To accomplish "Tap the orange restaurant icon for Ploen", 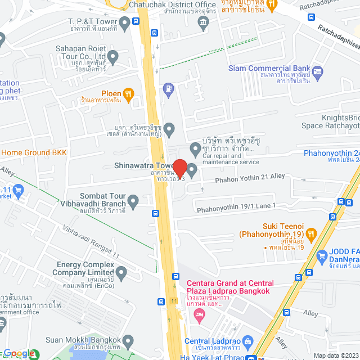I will [128, 94].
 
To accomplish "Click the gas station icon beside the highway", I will [168, 88].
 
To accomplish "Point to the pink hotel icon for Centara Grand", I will [198, 318].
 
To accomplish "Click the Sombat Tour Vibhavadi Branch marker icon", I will [133, 200].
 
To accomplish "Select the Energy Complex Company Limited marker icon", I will [121, 272].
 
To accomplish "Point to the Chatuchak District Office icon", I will [202, 21].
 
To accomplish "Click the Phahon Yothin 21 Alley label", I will [251, 177].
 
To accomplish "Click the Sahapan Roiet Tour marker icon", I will [113, 56].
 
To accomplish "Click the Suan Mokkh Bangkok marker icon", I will [128, 341].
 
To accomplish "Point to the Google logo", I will [20, 354].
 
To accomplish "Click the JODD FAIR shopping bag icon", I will [322, 256].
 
